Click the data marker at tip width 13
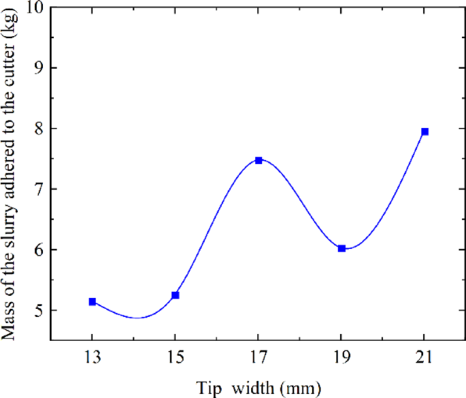[93, 301]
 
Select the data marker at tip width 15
[176, 295]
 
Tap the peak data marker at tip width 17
[259, 161]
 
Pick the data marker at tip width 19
[342, 249]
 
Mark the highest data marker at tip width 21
[425, 131]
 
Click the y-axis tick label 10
[33, 7]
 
